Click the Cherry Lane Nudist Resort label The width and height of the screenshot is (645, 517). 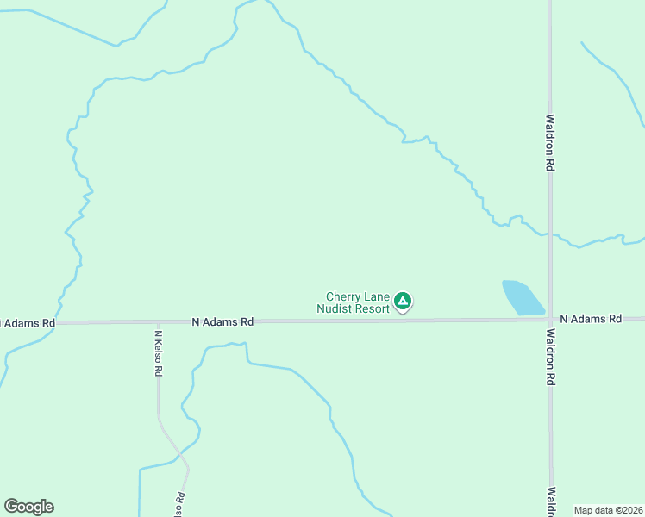pos(353,302)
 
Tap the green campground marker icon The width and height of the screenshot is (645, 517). pos(402,302)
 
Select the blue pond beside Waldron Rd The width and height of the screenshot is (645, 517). pos(522,297)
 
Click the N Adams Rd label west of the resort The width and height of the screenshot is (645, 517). pos(222,321)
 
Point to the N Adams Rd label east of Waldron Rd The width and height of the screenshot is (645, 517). pos(591,319)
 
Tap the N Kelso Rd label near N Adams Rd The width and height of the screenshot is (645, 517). pos(159,353)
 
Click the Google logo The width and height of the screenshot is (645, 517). pos(29,507)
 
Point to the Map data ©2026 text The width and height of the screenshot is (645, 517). pos(608,510)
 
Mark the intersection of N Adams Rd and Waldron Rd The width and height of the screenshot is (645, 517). pos(550,319)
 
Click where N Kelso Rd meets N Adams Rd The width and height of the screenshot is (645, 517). pos(158,322)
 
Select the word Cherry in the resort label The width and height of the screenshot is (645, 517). pos(341,296)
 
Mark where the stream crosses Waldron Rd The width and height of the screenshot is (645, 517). pos(550,234)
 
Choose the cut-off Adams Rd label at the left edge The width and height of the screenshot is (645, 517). pos(28,323)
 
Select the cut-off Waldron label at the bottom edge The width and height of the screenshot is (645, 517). pos(550,502)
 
